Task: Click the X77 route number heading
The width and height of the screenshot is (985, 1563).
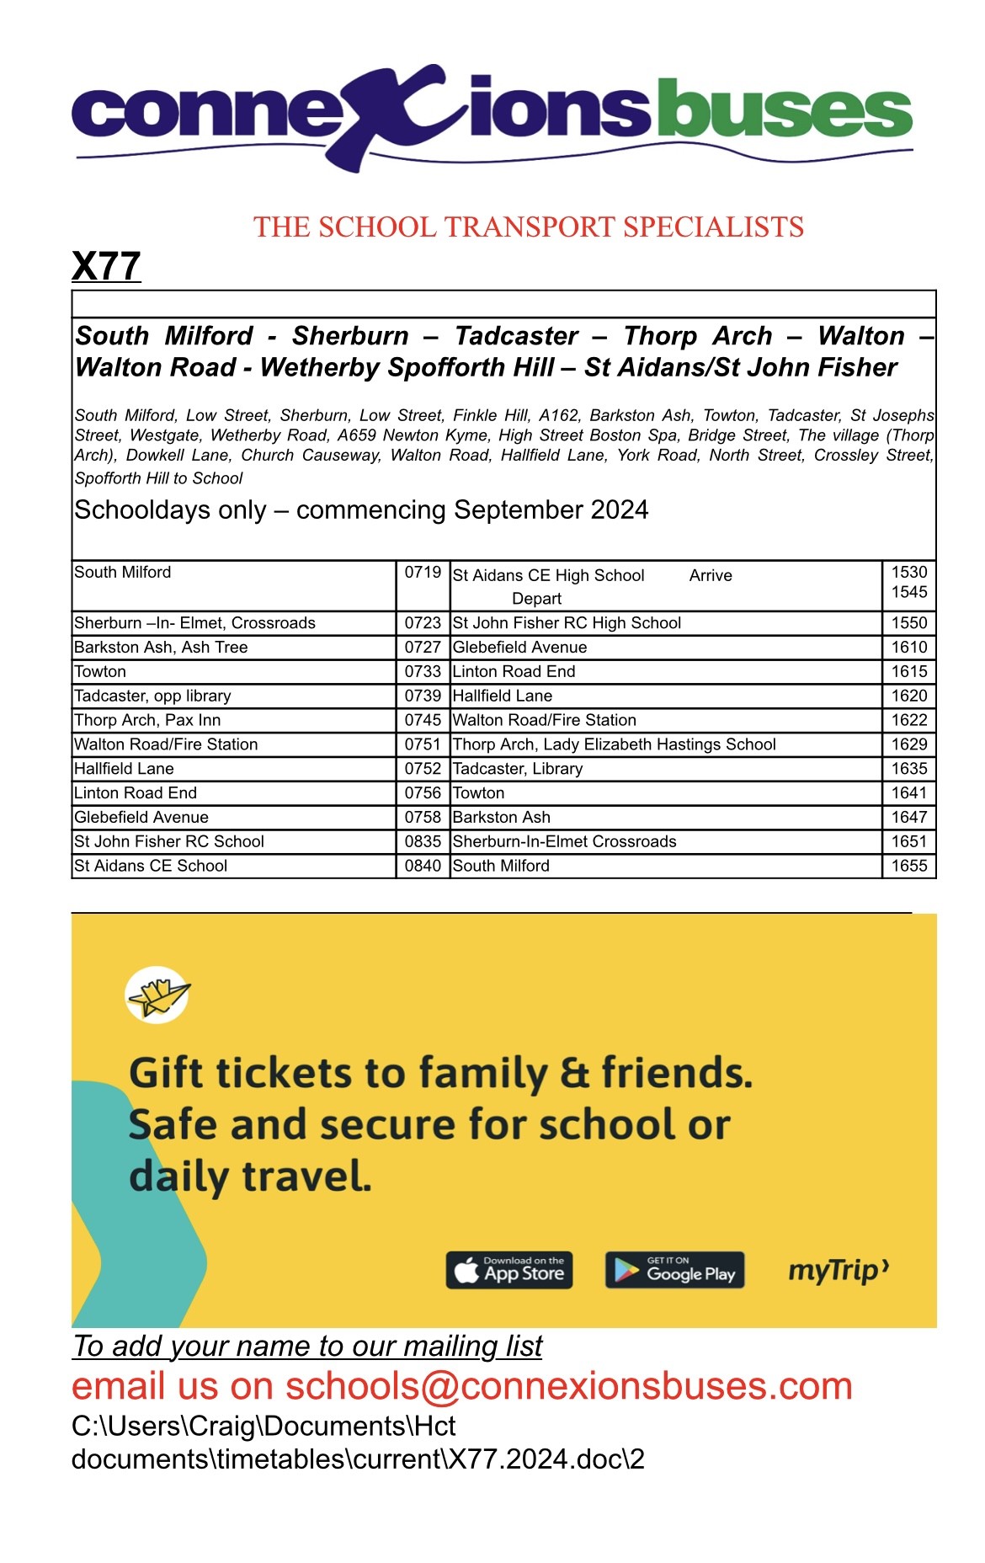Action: pyautogui.click(x=106, y=266)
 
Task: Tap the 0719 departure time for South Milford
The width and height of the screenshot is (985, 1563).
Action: pyautogui.click(x=423, y=573)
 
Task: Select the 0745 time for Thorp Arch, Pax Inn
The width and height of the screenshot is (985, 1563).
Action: pyautogui.click(x=423, y=720)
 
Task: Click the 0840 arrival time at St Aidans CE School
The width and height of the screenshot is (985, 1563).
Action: pyautogui.click(x=423, y=866)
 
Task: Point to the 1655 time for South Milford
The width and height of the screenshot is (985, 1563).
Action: pyautogui.click(x=909, y=866)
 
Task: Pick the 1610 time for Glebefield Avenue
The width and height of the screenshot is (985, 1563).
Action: pyautogui.click(x=909, y=648)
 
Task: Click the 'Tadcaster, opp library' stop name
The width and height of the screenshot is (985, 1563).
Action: pyautogui.click(x=152, y=696)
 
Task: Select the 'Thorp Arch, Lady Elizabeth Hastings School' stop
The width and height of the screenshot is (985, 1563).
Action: pyautogui.click(x=614, y=744)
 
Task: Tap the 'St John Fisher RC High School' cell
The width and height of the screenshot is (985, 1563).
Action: pyautogui.click(x=567, y=623)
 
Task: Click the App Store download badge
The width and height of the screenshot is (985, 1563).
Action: pyautogui.click(x=509, y=1270)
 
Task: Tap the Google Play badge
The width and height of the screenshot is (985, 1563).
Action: pyautogui.click(x=674, y=1270)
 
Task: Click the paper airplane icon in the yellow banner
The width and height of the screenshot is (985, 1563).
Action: pyautogui.click(x=157, y=995)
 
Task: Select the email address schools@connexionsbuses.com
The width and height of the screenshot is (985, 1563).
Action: pyautogui.click(x=569, y=1386)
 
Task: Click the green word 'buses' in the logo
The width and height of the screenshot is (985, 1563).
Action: pyautogui.click(x=783, y=110)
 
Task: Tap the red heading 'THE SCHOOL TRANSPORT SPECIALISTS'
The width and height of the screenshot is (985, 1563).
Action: pyautogui.click(x=529, y=227)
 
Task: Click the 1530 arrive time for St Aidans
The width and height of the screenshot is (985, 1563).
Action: pyautogui.click(x=909, y=573)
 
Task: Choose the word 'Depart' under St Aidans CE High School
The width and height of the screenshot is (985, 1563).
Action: pyautogui.click(x=536, y=599)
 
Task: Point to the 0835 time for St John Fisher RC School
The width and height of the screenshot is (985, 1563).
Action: pyautogui.click(x=423, y=841)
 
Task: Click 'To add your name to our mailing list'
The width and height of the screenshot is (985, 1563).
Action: pyautogui.click(x=307, y=1347)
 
